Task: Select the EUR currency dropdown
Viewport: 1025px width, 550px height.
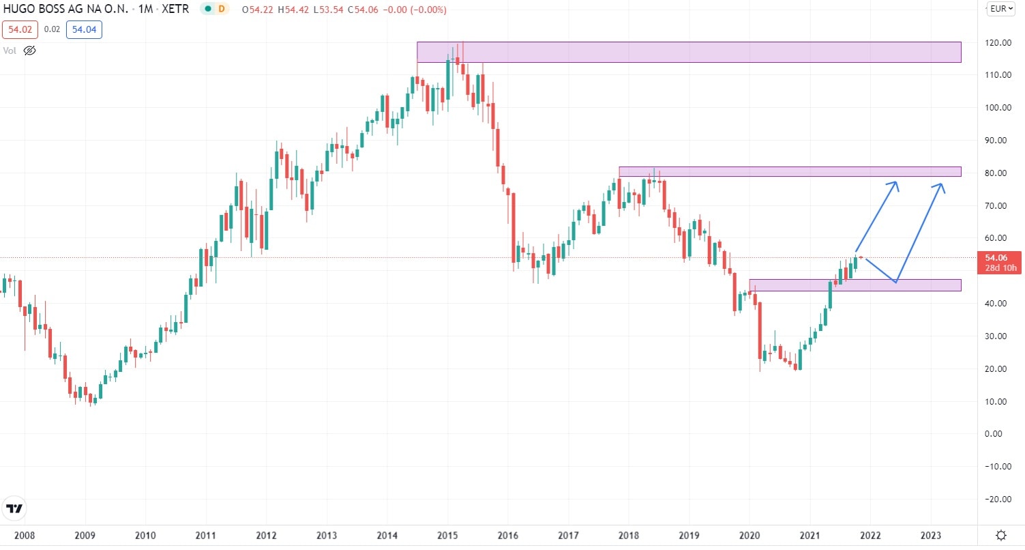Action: pos(1001,9)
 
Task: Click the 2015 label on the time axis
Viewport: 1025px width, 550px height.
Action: pos(447,535)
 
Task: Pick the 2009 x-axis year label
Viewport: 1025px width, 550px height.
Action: pos(85,535)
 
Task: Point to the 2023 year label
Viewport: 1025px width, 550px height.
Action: pos(932,535)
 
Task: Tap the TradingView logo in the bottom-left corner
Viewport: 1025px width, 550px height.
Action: pos(14,508)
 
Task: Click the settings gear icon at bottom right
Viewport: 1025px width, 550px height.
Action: pos(1000,534)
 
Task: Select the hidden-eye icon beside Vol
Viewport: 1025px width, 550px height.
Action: pos(29,50)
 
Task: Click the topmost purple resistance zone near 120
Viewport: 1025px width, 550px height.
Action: pos(689,52)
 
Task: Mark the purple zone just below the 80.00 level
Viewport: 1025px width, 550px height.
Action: pos(790,171)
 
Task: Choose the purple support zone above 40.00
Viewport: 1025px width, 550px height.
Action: pos(855,285)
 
